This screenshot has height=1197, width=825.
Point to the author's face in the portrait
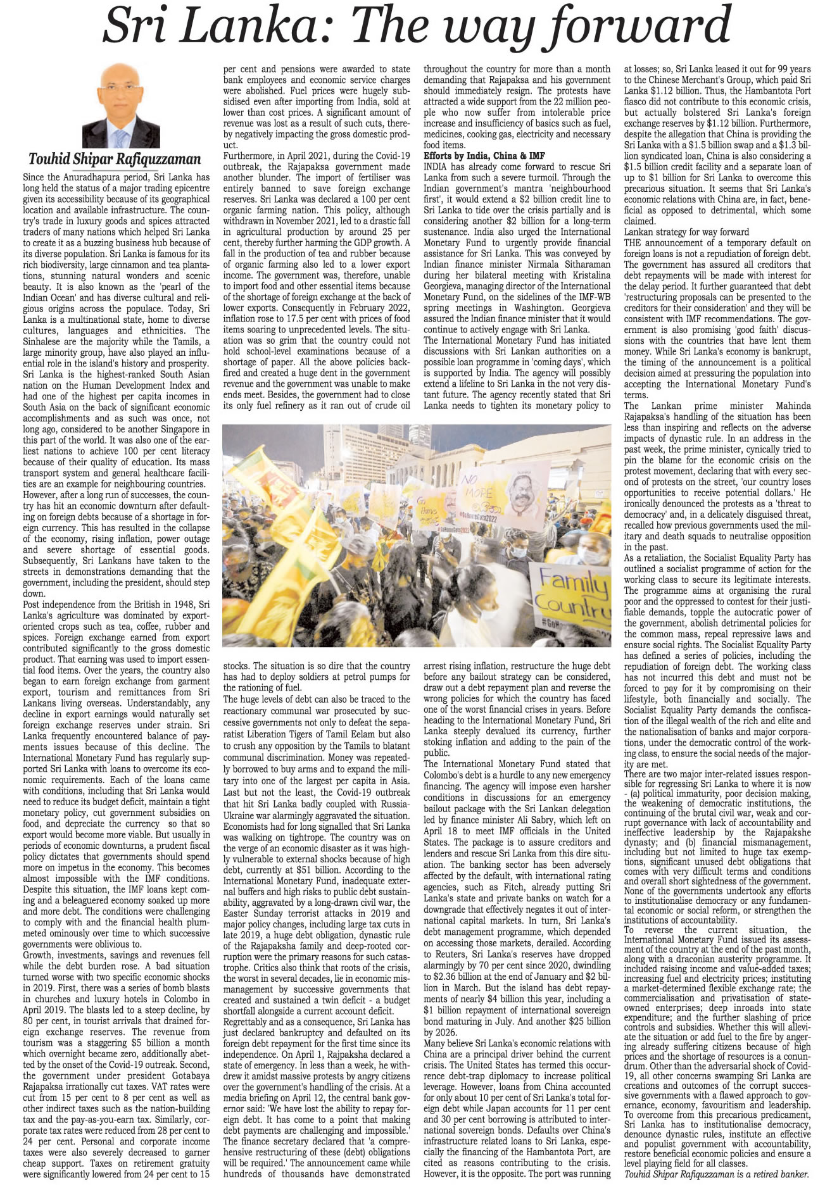click(x=121, y=89)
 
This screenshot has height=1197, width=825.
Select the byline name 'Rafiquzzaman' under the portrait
click(x=158, y=160)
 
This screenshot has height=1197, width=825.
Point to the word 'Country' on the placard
click(x=576, y=610)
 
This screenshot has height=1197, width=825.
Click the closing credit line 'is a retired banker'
click(x=769, y=1174)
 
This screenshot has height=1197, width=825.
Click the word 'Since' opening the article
click(x=33, y=177)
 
